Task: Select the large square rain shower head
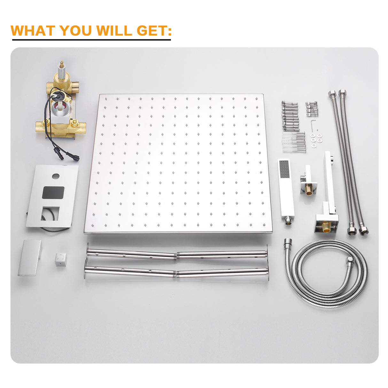178,164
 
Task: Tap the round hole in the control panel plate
56,176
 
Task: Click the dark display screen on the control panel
53,192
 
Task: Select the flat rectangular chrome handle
30,257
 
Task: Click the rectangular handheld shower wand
286,191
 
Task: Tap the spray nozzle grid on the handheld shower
284,169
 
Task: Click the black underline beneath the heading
91,40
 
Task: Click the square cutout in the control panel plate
50,213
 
